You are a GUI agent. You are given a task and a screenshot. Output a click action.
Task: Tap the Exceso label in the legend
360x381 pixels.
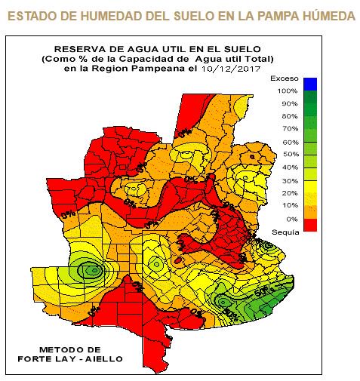coord(289,76)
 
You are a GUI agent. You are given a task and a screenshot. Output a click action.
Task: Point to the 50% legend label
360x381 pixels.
coord(290,155)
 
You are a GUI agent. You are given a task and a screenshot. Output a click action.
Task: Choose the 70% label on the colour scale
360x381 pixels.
coord(290,129)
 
